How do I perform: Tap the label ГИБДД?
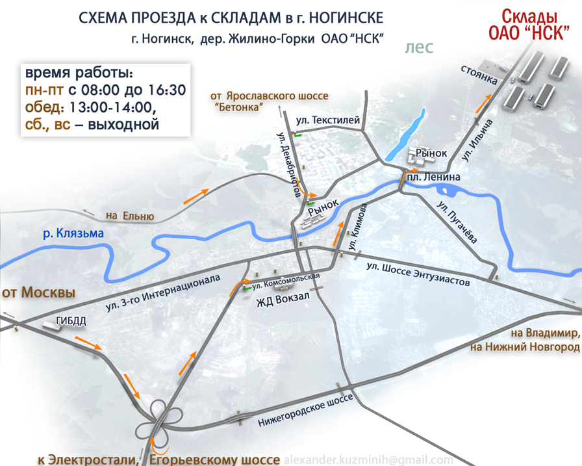point(71,320)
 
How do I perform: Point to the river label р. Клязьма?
point(73,233)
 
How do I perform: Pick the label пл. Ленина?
point(440,176)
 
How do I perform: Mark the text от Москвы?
point(38,292)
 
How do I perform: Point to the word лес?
point(418,47)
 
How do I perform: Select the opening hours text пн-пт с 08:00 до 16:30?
point(105,89)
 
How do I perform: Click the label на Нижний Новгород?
point(524,348)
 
